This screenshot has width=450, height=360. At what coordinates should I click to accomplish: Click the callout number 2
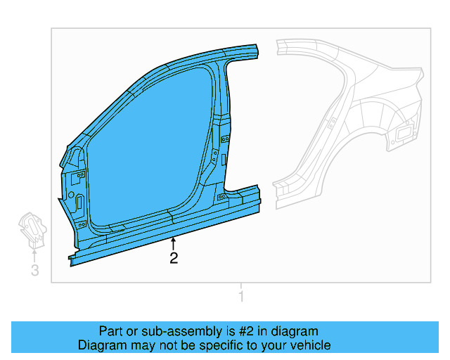pos(174,258)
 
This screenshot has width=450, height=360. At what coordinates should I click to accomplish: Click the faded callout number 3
pos(35,270)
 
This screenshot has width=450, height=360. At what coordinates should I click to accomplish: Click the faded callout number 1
pos(241,296)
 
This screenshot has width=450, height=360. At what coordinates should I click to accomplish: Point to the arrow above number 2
pos(173,244)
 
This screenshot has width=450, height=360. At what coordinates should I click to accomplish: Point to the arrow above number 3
pos(34,257)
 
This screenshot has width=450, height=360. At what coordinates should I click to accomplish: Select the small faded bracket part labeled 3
pos(32,231)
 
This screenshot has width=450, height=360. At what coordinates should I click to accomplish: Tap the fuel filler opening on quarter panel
pos(403,134)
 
